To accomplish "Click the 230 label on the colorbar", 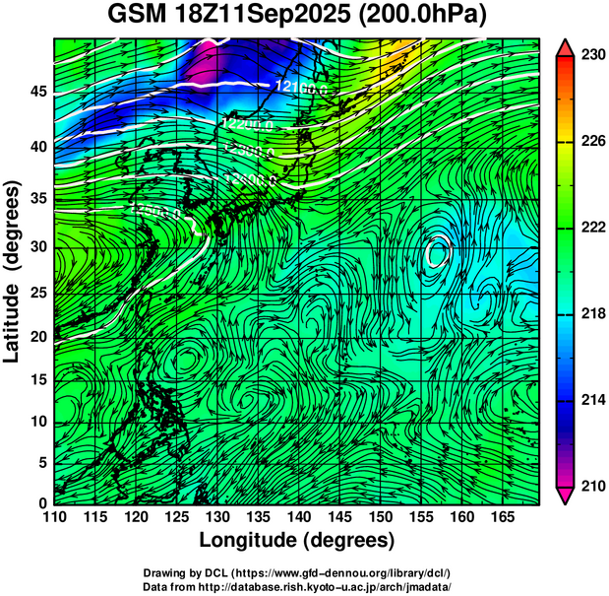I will [593, 56].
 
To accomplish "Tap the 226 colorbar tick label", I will [593, 142].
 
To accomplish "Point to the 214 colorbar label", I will [593, 400].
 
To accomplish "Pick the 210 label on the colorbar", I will [593, 486].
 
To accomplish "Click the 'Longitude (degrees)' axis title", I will [297, 541].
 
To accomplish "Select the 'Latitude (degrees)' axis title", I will [14, 271].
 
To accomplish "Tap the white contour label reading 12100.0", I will [302, 88].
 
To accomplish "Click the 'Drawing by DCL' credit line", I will [297, 572].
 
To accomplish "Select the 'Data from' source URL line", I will [297, 586].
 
